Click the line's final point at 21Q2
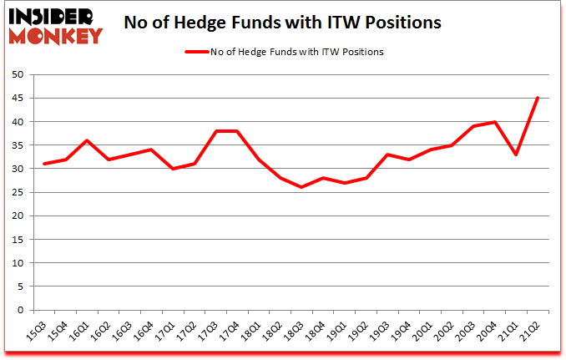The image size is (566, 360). click(538, 99)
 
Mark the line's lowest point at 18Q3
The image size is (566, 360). click(301, 187)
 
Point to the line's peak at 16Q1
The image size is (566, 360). click(87, 140)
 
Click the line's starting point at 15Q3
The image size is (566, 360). click(44, 164)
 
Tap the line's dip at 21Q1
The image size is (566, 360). click(516, 155)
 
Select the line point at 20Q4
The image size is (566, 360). click(495, 122)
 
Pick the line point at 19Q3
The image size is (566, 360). click(387, 155)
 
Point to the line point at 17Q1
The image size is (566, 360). click(173, 169)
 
